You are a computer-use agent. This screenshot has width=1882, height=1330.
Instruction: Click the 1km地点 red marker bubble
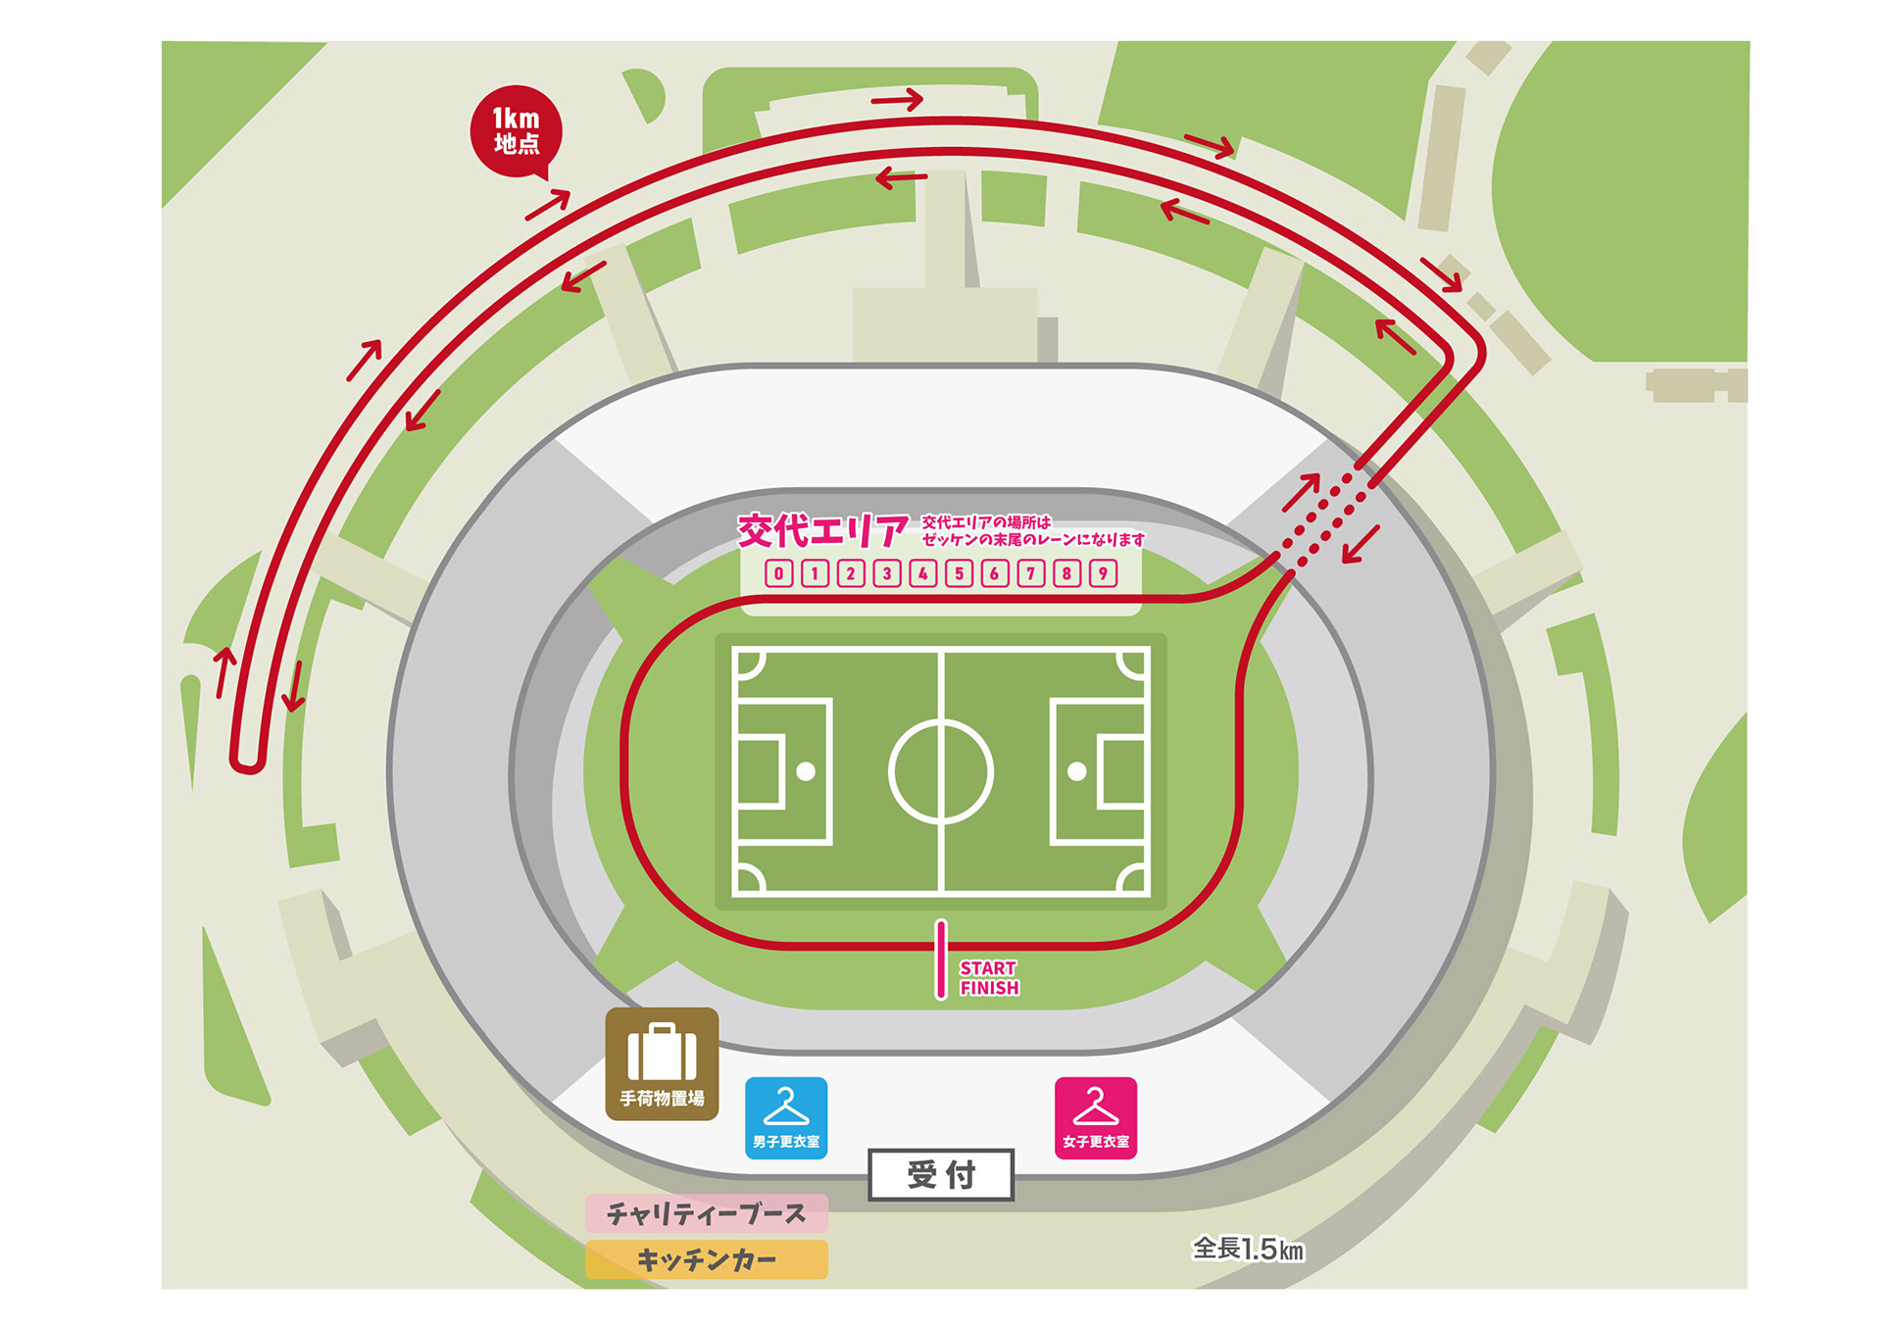pyautogui.click(x=516, y=131)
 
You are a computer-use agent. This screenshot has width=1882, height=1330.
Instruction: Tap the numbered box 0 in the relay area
pyautogui.click(x=778, y=573)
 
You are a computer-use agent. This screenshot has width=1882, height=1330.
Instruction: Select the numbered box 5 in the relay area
pyautogui.click(x=959, y=573)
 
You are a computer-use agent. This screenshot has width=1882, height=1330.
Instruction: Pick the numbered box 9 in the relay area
pyautogui.click(x=1103, y=573)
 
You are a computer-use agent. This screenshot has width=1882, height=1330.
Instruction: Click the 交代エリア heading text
pyautogui.click(x=822, y=531)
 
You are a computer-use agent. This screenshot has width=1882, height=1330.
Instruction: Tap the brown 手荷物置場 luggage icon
pyautogui.click(x=662, y=1063)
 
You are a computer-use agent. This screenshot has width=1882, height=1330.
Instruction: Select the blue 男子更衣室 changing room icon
pyautogui.click(x=786, y=1118)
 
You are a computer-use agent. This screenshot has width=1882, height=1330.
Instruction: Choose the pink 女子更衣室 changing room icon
pyautogui.click(x=1096, y=1118)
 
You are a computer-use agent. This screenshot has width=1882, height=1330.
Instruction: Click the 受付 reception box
pyautogui.click(x=941, y=1174)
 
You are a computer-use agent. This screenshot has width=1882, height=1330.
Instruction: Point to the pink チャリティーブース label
pyautogui.click(x=706, y=1213)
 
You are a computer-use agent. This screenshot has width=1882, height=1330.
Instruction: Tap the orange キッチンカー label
pyautogui.click(x=706, y=1259)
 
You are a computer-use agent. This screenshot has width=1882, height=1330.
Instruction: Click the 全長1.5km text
pyautogui.click(x=1248, y=1249)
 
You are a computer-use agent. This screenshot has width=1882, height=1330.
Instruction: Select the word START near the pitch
pyautogui.click(x=988, y=968)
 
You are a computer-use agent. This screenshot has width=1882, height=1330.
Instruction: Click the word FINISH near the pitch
pyautogui.click(x=989, y=988)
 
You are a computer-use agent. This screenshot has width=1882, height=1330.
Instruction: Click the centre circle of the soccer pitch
pyautogui.click(x=941, y=771)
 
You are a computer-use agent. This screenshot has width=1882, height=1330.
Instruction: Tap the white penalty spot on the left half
pyautogui.click(x=806, y=771)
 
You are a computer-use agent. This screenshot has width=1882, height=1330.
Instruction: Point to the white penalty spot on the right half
pyautogui.click(x=1076, y=771)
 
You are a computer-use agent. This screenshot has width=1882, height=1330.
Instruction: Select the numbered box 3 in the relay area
pyautogui.click(x=887, y=573)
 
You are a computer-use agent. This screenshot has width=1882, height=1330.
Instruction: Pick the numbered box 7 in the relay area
pyautogui.click(x=1030, y=573)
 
